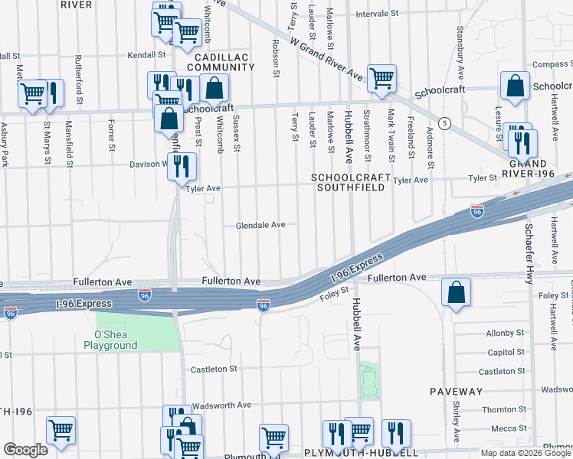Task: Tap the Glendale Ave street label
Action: pos(260,225)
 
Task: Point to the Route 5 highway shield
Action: pos(444,123)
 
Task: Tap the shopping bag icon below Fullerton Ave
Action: pos(456,293)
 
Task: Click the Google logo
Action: pos(25,450)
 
